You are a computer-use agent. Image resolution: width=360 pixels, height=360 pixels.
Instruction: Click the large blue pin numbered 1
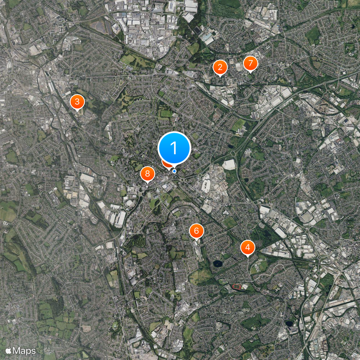[x=174, y=148]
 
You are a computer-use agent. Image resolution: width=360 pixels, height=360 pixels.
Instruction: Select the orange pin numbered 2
[x=220, y=67]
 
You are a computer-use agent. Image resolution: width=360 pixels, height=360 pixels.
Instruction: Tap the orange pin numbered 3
[x=77, y=101]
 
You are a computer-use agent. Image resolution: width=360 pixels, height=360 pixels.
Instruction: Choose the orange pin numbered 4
[x=247, y=247]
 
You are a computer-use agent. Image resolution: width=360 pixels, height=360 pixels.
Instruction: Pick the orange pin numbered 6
[x=196, y=231]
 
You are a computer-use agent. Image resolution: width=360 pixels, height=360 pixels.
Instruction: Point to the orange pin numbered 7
[x=250, y=63]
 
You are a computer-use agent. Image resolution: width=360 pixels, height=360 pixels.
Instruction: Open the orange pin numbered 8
[x=148, y=174]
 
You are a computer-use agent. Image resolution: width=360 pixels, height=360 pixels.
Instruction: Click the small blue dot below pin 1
[x=174, y=171]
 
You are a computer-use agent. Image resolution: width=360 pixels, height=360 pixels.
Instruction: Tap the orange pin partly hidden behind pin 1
[x=166, y=164]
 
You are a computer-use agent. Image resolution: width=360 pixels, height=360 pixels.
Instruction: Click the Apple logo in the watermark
[x=9, y=350]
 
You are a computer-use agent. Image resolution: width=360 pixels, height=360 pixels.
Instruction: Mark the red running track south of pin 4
[x=236, y=286]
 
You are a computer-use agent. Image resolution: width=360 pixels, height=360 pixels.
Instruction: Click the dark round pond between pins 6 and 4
[x=218, y=263]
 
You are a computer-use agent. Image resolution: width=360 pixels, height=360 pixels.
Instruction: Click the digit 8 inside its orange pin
[x=148, y=174]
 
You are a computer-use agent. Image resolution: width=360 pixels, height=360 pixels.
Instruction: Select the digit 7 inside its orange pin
[x=250, y=63]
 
